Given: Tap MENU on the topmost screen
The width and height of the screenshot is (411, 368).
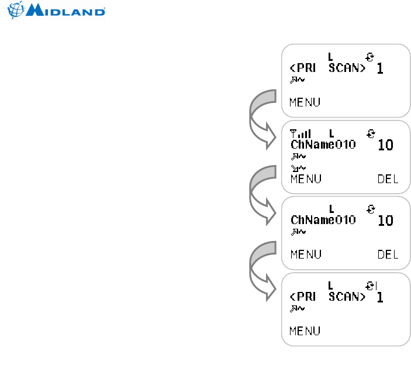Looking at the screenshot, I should click(305, 102).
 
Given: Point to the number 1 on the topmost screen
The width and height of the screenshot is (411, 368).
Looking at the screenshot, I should click(379, 69).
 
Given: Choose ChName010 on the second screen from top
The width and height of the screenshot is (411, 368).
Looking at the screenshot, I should click(323, 145).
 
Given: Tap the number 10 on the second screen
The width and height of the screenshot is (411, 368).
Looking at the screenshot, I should click(385, 145).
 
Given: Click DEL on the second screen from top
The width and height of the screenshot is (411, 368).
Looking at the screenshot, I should click(388, 179).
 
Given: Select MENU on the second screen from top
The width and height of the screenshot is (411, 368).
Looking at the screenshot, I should click(305, 179).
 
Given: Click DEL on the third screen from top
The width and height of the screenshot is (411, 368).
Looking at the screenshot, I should click(388, 254).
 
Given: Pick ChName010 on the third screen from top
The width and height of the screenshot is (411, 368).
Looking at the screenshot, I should click(323, 221).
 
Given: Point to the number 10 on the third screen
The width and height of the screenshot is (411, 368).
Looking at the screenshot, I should click(385, 221).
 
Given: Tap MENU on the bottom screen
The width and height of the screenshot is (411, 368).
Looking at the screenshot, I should click(305, 331).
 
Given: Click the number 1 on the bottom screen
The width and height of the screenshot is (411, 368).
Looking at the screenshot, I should click(379, 297).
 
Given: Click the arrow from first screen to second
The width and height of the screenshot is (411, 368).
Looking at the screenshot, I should click(261, 117).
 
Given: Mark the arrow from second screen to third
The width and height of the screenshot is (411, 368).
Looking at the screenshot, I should click(261, 193).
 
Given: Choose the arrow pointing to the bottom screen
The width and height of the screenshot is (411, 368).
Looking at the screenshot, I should click(261, 269).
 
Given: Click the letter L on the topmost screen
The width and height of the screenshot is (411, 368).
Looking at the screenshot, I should click(330, 57).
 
